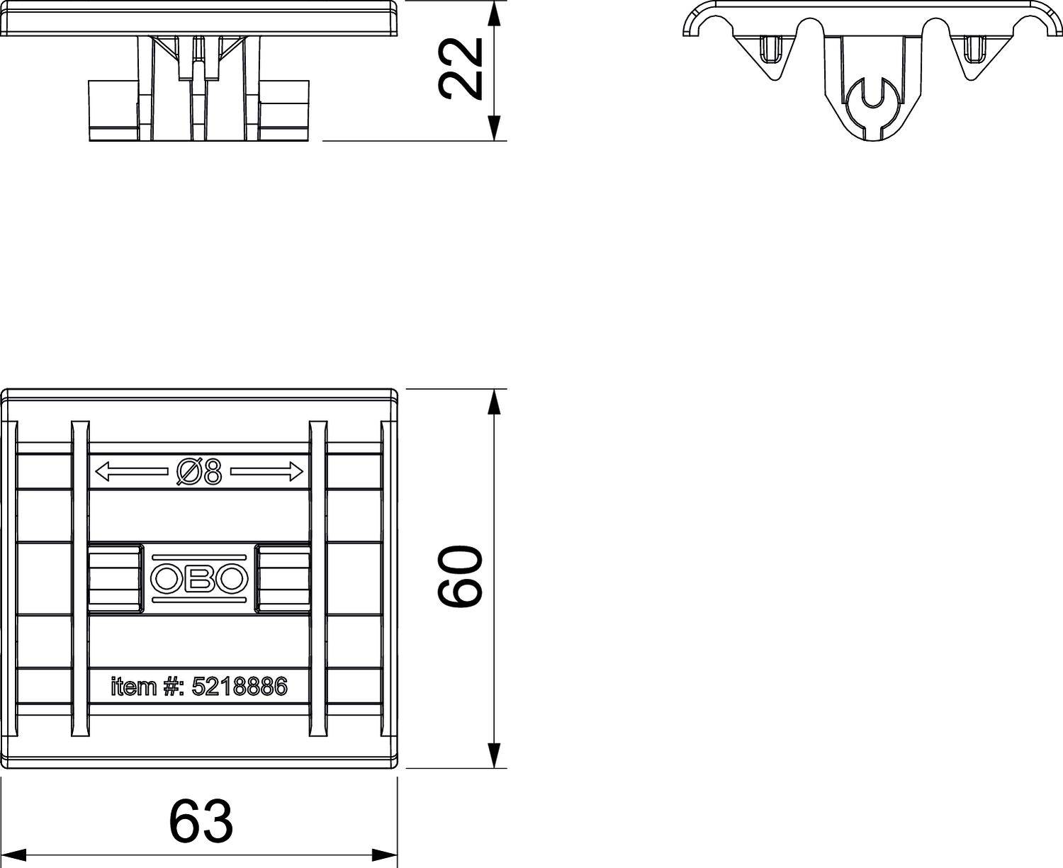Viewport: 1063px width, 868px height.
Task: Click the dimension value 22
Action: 460,69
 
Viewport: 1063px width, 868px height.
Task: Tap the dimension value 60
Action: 460,575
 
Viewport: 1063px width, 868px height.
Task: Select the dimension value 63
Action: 201,820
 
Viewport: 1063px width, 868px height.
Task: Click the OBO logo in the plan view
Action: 199,579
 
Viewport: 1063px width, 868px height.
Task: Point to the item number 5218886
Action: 240,687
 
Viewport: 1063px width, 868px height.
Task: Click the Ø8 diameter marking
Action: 199,471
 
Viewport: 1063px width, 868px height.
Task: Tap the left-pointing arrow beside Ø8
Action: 132,472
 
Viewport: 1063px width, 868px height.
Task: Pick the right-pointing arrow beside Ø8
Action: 266,472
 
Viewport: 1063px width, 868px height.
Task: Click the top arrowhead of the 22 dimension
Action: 495,13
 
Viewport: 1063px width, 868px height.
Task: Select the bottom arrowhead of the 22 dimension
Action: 495,128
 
